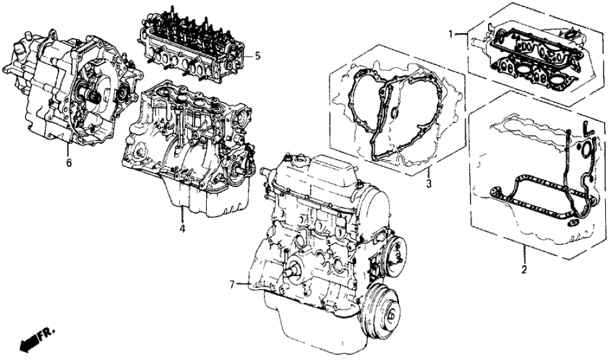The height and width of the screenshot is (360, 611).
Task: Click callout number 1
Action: tap(450, 34)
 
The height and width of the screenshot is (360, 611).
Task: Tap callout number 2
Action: tap(524, 268)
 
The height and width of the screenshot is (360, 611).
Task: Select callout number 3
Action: tap(428, 183)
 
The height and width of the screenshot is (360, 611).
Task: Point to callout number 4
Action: tap(182, 228)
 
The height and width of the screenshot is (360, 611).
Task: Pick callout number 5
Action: tap(257, 56)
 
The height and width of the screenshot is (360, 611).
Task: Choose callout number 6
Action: tap(69, 163)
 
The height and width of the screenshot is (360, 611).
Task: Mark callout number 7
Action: tap(232, 285)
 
